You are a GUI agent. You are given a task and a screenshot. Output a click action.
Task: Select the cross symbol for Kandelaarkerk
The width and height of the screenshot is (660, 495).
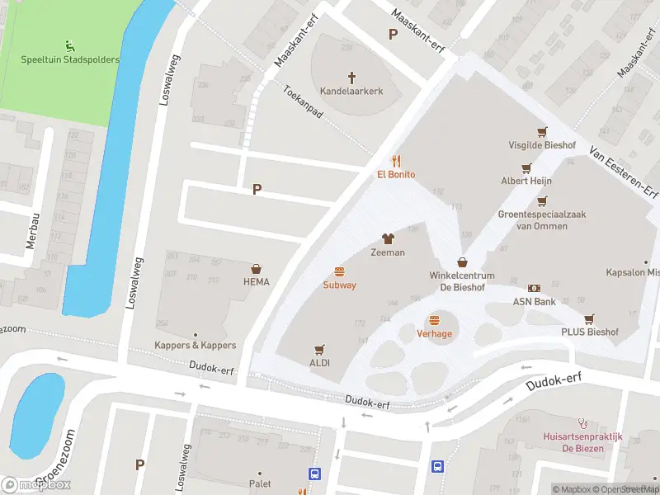coord(351,78)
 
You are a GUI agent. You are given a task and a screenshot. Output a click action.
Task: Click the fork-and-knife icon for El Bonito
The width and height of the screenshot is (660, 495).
coord(396,160)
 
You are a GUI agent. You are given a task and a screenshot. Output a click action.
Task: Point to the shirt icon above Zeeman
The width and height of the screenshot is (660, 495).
coord(388,238)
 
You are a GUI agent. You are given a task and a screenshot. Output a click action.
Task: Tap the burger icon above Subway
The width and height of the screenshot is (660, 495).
coord(339,271)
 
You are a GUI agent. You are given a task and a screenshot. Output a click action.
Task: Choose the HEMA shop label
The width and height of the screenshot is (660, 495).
coord(256,282)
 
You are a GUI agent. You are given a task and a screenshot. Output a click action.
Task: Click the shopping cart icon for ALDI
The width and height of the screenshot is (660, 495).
coord(319,349)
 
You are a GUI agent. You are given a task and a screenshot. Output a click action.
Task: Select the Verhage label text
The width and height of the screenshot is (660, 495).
coord(434,333)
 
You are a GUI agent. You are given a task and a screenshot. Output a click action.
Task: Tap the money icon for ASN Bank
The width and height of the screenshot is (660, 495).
coord(535,288)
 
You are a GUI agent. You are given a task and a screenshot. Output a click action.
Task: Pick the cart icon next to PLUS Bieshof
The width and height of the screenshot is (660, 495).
coord(589,318)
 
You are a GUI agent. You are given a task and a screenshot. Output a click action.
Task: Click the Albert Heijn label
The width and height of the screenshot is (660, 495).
coord(526,181)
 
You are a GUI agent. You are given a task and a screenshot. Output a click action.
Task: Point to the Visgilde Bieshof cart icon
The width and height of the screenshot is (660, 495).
coord(542,132)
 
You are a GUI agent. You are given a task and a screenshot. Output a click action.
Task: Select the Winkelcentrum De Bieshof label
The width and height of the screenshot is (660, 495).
coord(461,280)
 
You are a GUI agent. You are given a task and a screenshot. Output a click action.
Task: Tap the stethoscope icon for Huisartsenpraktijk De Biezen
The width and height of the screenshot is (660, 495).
coord(584,420)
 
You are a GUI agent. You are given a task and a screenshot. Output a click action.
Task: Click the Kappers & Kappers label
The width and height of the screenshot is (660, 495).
coord(196,345)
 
